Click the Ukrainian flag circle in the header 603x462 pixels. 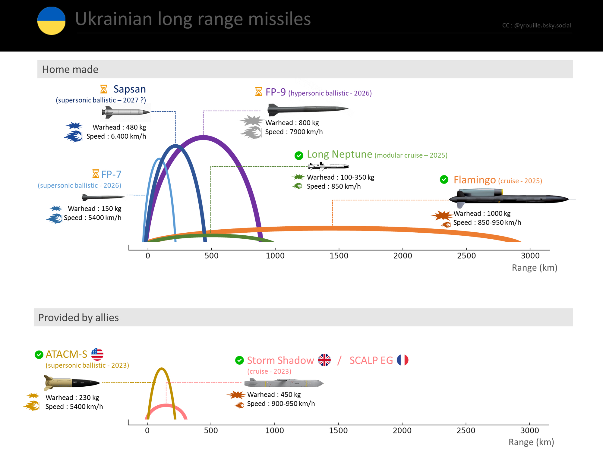51,21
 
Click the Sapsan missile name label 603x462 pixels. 129,89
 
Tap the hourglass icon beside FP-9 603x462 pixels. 258,92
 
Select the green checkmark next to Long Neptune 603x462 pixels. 299,156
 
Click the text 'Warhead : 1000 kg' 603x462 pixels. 482,214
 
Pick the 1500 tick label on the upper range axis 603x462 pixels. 339,256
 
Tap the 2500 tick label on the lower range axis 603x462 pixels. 466,431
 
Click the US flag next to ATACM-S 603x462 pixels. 97,354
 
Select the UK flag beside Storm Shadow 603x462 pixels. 324,360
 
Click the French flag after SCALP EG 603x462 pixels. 403,360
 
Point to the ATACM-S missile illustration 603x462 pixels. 72,382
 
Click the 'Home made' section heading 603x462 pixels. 70,70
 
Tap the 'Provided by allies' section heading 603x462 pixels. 78,318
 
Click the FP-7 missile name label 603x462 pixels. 111,174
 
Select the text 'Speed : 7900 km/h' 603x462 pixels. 294,132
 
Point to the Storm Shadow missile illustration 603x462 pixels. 284,383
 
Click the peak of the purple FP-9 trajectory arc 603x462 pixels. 204,138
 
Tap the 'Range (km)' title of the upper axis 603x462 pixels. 534,268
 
